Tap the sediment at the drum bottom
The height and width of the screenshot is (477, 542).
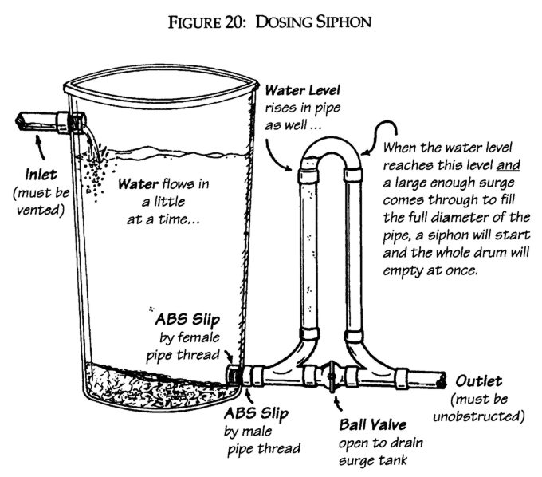tap(151, 383)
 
